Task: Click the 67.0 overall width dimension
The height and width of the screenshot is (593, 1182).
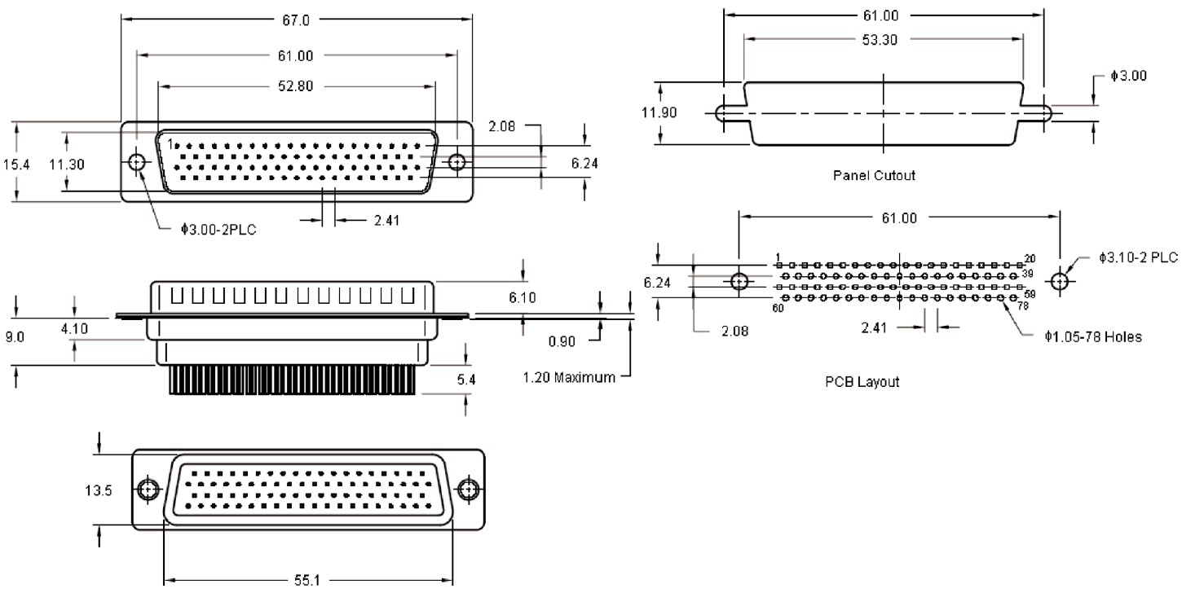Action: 296,20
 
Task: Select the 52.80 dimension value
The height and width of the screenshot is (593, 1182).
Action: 296,88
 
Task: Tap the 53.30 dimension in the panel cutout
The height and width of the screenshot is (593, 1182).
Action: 880,40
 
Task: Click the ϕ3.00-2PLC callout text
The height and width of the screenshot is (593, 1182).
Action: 218,231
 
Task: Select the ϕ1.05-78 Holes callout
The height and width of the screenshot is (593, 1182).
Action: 1092,336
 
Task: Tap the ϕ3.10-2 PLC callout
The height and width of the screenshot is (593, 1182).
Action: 1138,258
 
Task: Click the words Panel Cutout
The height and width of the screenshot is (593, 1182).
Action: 873,175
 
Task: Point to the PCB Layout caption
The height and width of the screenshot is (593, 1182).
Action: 862,382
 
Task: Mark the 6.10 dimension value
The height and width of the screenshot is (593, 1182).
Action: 523,299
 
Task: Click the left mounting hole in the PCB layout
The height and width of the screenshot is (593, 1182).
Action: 739,282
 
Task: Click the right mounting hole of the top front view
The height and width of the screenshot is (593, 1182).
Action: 457,163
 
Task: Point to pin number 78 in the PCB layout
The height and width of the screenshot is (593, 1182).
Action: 1023,307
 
